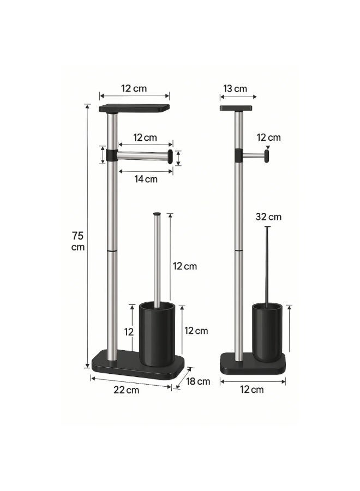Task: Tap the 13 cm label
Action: [235, 88]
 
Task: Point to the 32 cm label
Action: [268, 217]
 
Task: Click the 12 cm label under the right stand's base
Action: [251, 390]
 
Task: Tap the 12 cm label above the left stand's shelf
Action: [134, 88]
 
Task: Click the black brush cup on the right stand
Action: [267, 332]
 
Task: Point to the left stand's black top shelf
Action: [134, 109]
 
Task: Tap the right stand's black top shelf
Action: [236, 108]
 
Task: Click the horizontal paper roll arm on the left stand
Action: [142, 155]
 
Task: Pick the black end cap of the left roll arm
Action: [170, 156]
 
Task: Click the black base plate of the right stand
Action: [252, 364]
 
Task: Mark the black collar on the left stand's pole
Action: [112, 155]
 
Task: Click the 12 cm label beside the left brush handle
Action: [184, 266]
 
